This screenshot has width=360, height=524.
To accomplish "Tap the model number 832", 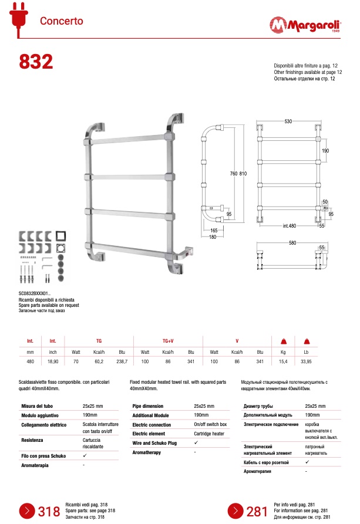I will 36,61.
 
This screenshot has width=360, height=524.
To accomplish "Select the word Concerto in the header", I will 62,21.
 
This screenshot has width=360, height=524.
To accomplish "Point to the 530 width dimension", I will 288,121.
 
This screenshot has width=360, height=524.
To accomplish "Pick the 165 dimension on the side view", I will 213,231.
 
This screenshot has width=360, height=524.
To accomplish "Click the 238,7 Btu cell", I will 122,361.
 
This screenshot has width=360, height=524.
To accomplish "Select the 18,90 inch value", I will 53,361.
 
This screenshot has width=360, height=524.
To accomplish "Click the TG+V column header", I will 168,340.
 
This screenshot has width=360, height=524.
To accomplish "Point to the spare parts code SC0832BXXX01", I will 35,294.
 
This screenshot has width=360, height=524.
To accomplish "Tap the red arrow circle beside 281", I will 235,511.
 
